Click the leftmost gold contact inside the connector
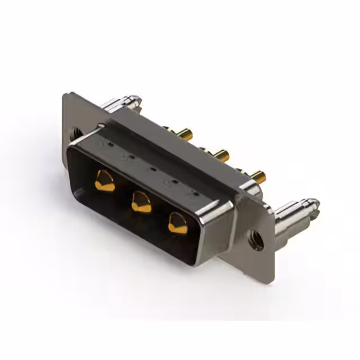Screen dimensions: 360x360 point(105,181)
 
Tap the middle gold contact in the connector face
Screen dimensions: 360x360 point(141,201)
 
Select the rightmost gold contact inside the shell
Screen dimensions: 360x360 point(178,223)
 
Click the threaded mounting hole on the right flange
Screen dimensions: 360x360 point(256,240)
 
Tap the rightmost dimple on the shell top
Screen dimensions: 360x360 point(195,194)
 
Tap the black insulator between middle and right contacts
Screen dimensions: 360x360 point(159,218)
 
